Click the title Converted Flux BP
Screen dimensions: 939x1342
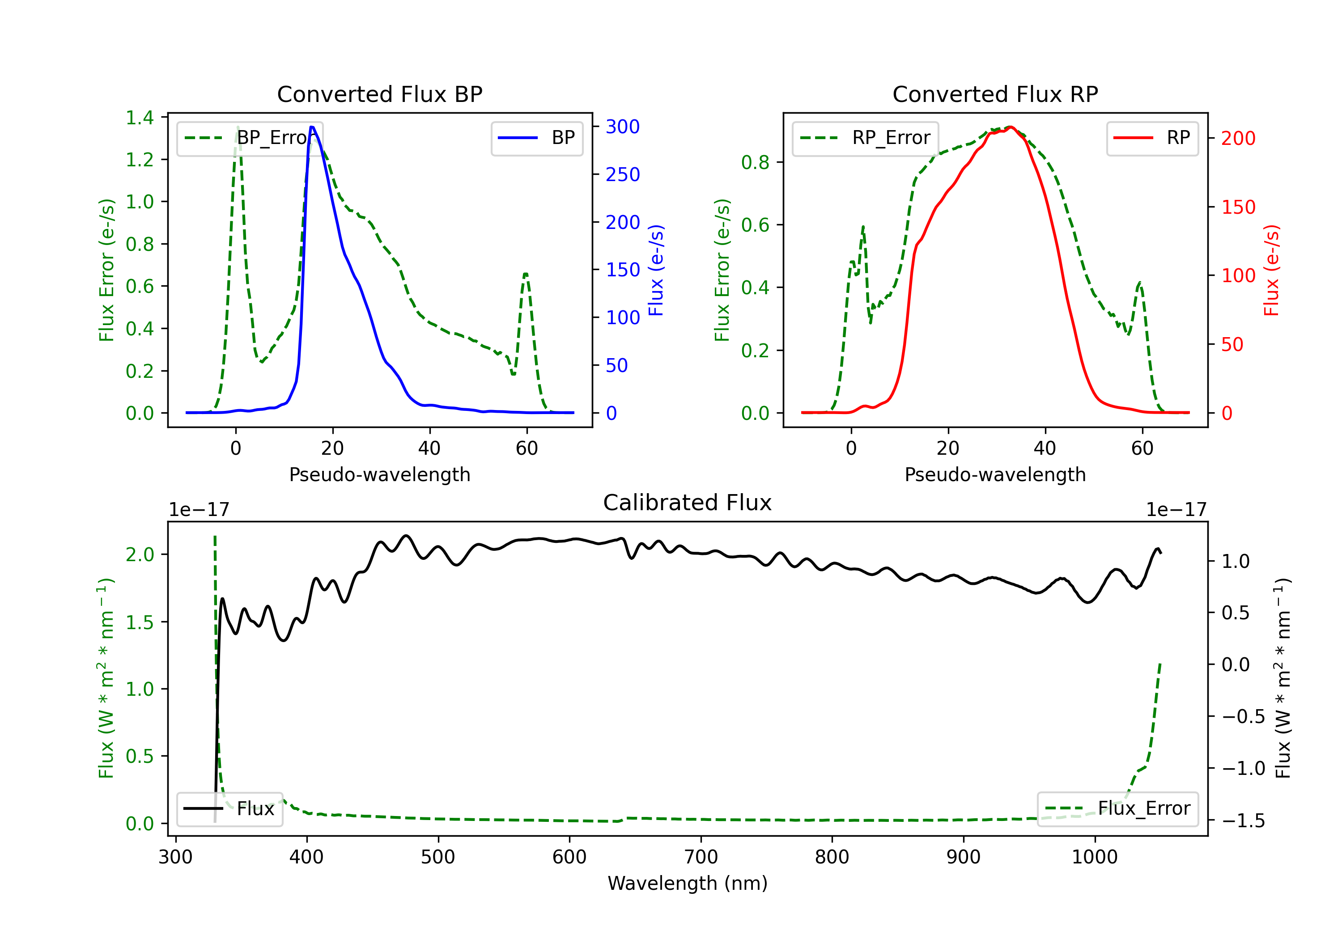(x=379, y=94)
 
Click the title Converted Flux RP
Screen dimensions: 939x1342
(x=995, y=94)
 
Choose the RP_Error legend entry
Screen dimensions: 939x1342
(x=865, y=138)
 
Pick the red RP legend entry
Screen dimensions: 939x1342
(x=1152, y=138)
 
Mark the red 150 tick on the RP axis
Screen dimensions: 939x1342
(x=1238, y=207)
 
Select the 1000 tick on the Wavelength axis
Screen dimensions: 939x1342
(x=1094, y=857)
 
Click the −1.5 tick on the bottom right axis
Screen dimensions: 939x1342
(x=1243, y=821)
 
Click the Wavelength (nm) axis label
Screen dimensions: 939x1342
(x=688, y=883)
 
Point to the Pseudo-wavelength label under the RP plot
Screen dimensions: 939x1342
(x=995, y=474)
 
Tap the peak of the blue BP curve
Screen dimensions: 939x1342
(x=312, y=127)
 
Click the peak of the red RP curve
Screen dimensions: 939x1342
(x=1011, y=127)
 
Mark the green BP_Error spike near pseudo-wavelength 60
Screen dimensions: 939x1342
(x=526, y=274)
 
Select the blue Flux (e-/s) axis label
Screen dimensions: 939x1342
(x=656, y=270)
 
